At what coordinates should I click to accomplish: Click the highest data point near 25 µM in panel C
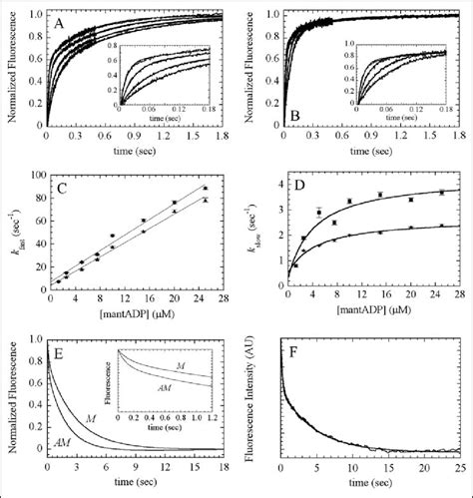pyautogui.click(x=205, y=188)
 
